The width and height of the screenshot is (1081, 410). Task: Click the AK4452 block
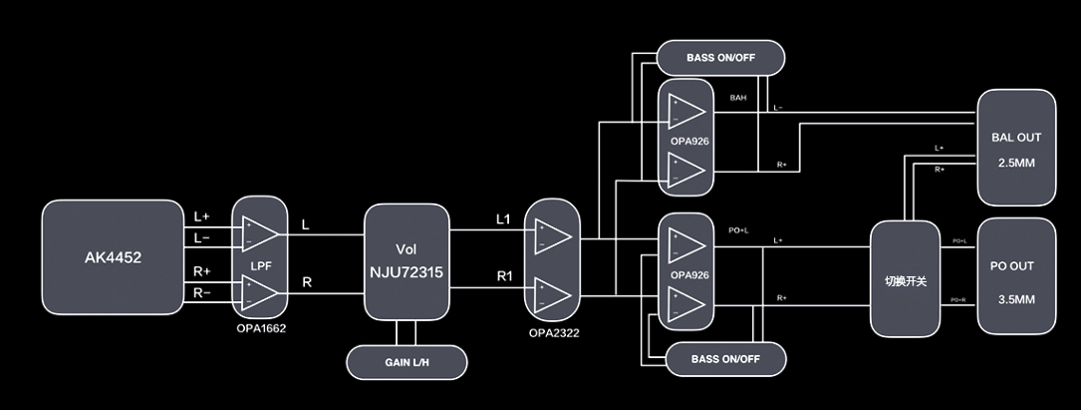pyautogui.click(x=113, y=257)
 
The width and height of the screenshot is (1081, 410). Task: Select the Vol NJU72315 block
pyautogui.click(x=405, y=261)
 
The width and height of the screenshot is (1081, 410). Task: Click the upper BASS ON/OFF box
pyautogui.click(x=720, y=58)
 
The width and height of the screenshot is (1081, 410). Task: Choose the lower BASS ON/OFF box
pyautogui.click(x=726, y=358)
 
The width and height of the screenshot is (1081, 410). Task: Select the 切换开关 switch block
pyautogui.click(x=905, y=279)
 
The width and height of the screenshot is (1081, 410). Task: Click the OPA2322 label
pyautogui.click(x=553, y=332)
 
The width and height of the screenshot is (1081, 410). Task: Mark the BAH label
pyautogui.click(x=738, y=98)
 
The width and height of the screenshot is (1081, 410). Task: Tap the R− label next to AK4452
pyautogui.click(x=202, y=292)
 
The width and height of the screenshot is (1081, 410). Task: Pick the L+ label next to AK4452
pyautogui.click(x=202, y=216)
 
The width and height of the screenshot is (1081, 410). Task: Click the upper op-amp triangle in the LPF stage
pyautogui.click(x=261, y=233)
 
